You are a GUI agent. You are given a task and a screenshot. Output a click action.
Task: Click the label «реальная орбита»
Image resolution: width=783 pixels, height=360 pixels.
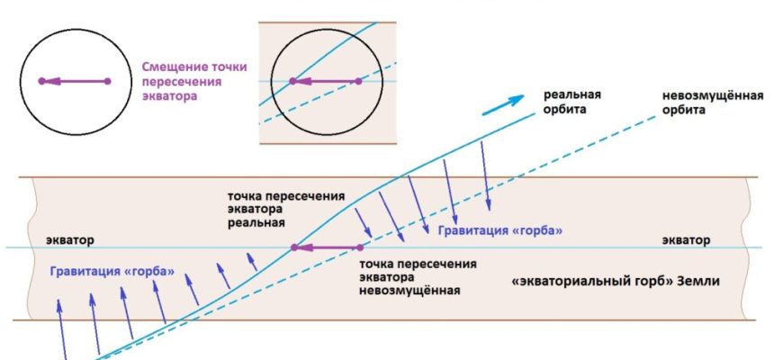point(572,102)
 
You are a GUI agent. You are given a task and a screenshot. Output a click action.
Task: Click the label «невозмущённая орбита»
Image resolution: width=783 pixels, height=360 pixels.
point(713,103)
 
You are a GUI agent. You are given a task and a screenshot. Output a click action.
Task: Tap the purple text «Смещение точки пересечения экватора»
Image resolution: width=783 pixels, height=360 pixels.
point(194,81)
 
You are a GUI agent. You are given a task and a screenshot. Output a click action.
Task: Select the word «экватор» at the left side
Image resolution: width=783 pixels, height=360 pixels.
point(70,240)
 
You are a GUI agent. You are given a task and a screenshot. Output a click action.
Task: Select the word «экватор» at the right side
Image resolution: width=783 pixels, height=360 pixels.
point(686,240)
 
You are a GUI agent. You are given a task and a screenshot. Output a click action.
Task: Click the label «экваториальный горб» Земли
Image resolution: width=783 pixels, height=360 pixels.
point(616,281)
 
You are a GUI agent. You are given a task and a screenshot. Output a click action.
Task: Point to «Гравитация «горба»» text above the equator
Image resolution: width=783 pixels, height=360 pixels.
point(500,231)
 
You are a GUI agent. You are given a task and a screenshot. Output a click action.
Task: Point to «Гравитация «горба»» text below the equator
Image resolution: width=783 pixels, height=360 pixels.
point(112,272)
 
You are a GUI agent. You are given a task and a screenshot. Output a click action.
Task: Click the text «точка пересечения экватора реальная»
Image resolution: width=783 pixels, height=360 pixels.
point(286,210)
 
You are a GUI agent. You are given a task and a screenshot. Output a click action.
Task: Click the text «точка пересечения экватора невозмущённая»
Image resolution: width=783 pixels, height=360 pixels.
point(418,276)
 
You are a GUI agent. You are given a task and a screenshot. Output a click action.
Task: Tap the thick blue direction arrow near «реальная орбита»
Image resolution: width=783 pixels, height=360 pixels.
point(503,105)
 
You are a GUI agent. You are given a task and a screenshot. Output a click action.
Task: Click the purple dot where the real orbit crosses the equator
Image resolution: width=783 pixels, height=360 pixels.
point(294,247)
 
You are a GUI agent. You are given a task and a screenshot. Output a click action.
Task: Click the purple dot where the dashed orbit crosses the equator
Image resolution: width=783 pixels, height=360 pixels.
point(360,247)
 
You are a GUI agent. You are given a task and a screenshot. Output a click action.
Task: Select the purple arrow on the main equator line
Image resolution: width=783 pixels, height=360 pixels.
point(327,247)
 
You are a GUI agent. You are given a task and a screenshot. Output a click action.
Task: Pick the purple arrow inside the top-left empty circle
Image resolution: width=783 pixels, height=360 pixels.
point(75,81)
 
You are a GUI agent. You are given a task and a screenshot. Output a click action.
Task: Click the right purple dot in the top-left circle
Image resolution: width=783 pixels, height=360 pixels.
point(107,81)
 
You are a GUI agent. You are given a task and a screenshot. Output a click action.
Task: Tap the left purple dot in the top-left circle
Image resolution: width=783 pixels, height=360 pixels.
point(42,81)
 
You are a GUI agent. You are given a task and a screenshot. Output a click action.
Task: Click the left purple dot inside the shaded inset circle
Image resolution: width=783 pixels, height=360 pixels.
point(292,81)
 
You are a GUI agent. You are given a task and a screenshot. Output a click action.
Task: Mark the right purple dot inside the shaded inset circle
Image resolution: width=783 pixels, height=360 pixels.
point(358,81)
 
